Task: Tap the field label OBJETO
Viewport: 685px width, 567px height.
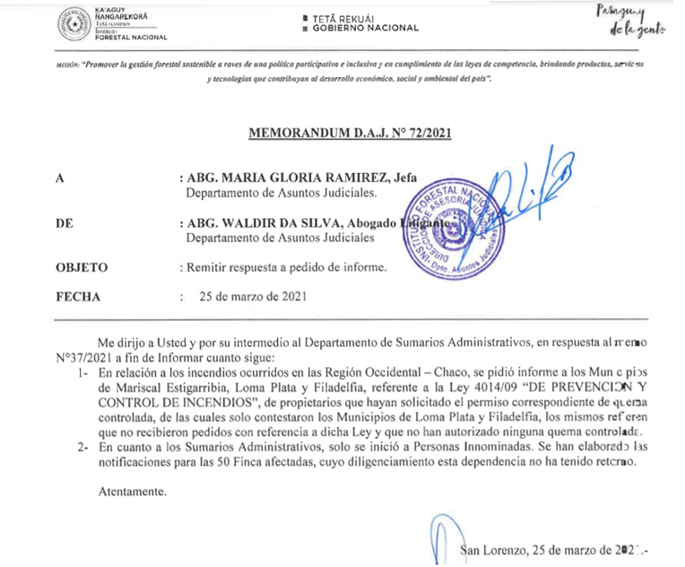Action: (x=82, y=266)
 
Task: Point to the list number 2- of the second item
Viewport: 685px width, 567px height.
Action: (x=82, y=446)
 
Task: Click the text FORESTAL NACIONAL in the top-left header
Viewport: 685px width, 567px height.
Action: (x=132, y=38)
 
